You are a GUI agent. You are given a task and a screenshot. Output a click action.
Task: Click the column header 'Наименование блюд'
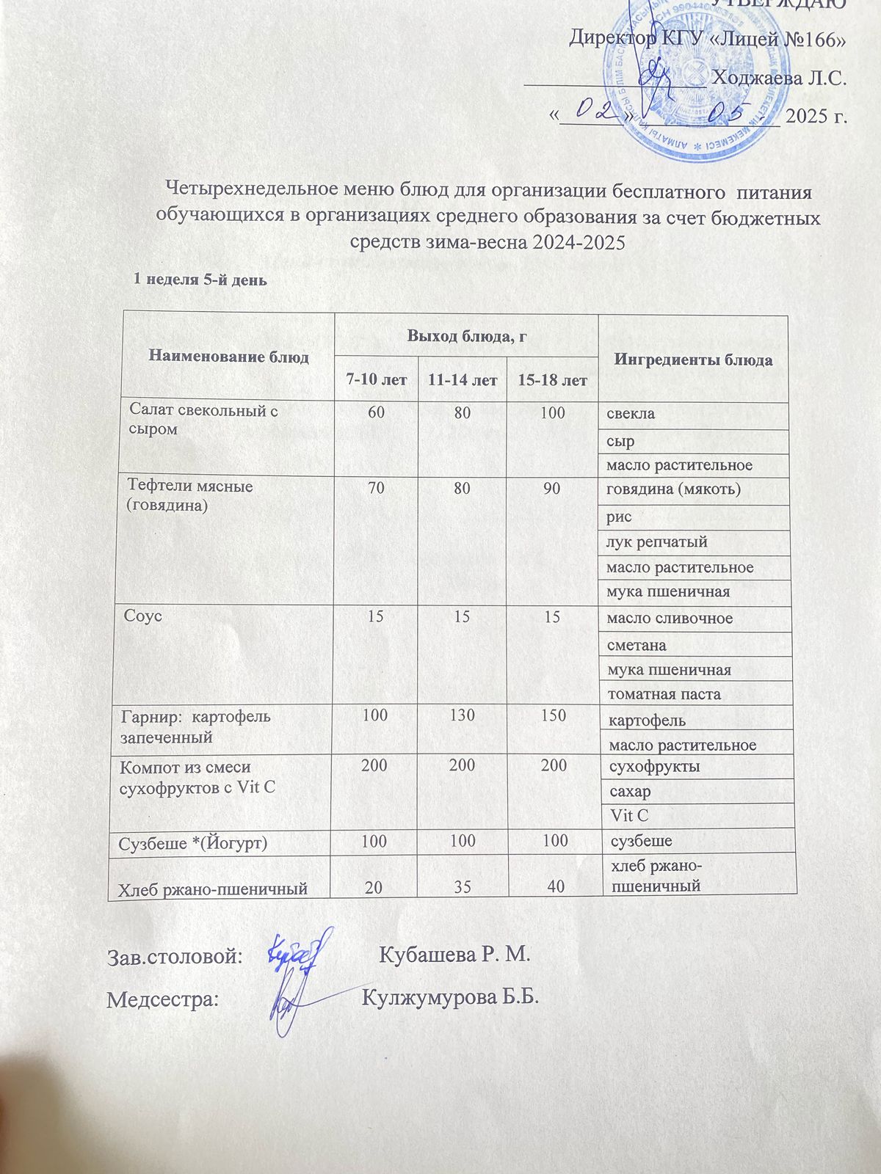tap(228, 357)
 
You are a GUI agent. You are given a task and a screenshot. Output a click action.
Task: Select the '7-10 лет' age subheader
tap(376, 380)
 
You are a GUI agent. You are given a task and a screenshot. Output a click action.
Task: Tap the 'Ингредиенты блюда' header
tap(693, 360)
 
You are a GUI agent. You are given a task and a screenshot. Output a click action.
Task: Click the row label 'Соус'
tap(143, 616)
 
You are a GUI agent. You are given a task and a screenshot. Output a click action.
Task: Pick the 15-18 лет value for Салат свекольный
tap(552, 412)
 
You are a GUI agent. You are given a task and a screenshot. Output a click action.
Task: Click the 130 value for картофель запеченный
tap(463, 715)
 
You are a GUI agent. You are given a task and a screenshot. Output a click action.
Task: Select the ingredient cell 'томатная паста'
tap(664, 694)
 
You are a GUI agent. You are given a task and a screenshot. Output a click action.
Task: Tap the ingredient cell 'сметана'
tap(637, 646)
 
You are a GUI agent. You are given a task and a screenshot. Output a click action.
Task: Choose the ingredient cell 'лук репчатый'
tap(657, 542)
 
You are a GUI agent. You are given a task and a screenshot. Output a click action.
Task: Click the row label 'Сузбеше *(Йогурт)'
tap(193, 843)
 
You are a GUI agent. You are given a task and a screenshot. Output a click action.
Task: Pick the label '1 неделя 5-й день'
tap(199, 280)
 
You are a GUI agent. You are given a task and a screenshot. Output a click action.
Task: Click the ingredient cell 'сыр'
tap(620, 442)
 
